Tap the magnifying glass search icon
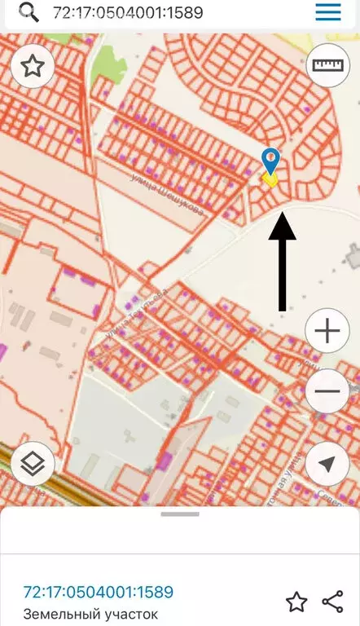click(29, 13)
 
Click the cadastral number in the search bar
click(128, 13)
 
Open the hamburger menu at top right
click(327, 13)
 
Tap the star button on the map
click(33, 66)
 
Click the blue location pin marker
click(270, 160)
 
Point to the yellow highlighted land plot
click(270, 179)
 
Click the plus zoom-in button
click(327, 331)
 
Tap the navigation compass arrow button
click(327, 465)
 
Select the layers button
click(33, 465)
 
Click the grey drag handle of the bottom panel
click(180, 514)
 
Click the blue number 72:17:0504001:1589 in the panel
click(98, 592)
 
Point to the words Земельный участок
click(90, 615)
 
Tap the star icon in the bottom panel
click(296, 602)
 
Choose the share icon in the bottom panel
click(332, 602)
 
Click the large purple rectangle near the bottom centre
click(164, 461)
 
